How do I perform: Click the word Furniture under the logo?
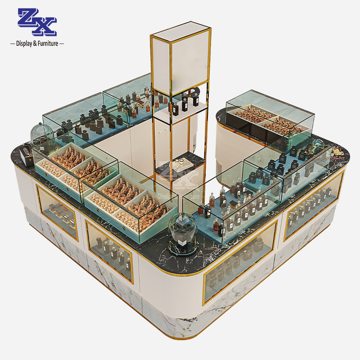point(46,44)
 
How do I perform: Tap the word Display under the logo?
point(26,44)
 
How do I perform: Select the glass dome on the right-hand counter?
point(317,147)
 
